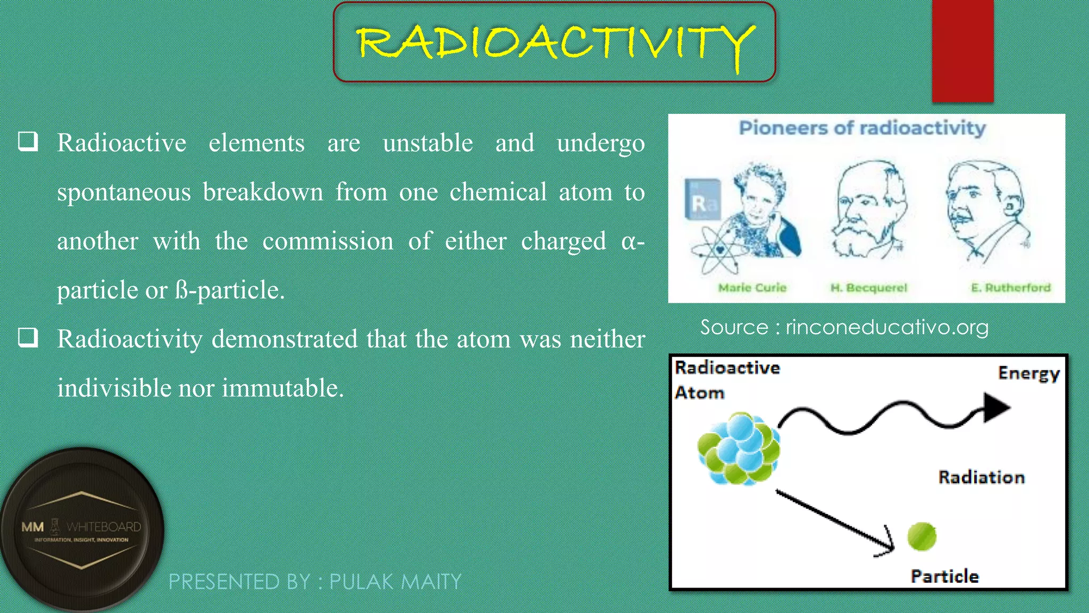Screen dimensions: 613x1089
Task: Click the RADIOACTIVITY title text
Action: pos(555,43)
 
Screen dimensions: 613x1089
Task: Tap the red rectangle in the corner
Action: pos(962,51)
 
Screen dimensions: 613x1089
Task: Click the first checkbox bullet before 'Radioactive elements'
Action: pos(28,142)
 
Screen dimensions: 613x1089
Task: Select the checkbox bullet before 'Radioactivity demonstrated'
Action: pos(28,337)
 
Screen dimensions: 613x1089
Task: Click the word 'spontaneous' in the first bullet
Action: pos(124,192)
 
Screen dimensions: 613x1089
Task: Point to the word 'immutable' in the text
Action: pos(282,388)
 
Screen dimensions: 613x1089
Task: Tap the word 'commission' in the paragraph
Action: pos(328,241)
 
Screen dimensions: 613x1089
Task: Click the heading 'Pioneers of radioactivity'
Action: pos(862,128)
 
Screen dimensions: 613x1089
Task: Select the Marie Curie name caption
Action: pos(752,288)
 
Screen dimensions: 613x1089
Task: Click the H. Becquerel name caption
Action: pos(869,288)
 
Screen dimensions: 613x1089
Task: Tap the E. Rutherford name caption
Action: pos(1010,288)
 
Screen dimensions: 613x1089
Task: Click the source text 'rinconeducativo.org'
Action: pos(887,327)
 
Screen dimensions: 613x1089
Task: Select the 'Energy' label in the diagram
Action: pos(1028,374)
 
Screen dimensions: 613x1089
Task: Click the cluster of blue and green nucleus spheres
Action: pos(739,449)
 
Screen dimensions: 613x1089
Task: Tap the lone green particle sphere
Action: pos(922,536)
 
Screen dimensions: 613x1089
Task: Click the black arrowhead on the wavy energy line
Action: pos(995,408)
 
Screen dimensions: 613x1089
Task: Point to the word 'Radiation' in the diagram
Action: pos(981,477)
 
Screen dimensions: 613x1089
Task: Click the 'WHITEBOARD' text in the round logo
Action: pos(104,527)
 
